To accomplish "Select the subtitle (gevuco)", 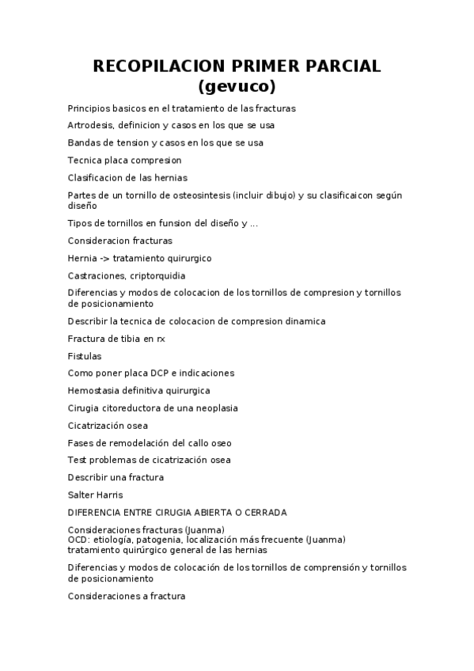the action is coord(237,85).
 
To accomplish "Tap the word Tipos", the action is coord(79,223).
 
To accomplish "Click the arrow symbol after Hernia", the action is coord(104,258).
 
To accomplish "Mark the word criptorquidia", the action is coord(157,275).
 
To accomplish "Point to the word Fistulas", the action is coord(85,356).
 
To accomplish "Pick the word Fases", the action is coord(81,443).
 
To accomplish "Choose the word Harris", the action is coord(108,495).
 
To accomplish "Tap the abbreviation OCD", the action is coord(78,540).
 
